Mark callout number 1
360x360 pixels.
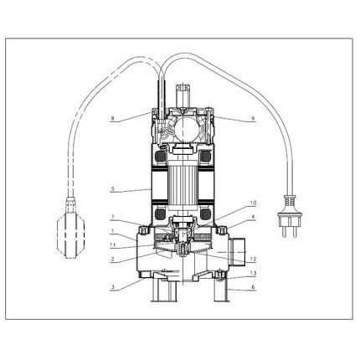tap(112, 231)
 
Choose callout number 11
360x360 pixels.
tap(112, 244)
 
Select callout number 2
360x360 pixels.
tap(112, 259)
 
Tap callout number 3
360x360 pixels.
tap(112, 286)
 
